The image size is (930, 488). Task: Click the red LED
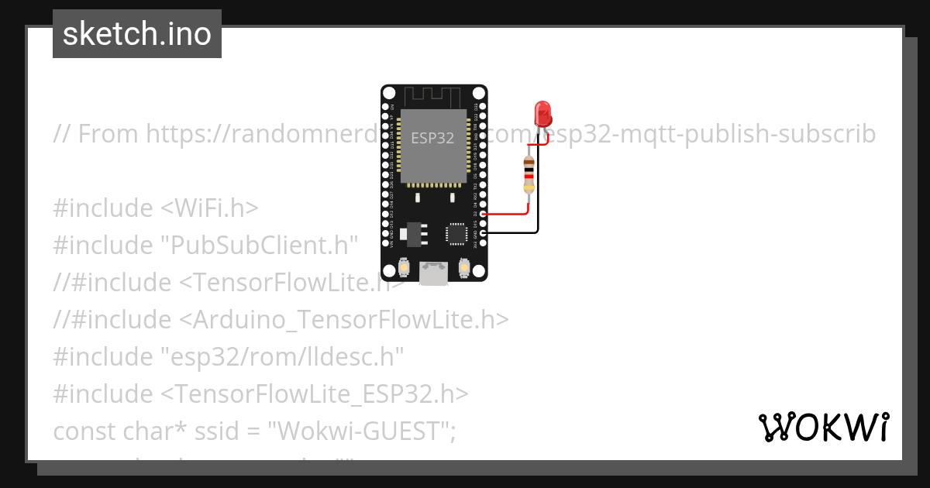(543, 114)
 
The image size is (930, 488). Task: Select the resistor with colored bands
(529, 174)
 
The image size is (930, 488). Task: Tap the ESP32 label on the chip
(432, 139)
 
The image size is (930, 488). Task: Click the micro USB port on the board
(432, 273)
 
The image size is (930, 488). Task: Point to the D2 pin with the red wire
(482, 214)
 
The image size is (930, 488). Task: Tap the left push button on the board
(403, 267)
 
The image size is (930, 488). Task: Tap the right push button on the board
(463, 267)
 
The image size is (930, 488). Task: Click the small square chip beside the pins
(456, 232)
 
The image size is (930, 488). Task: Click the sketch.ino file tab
(137, 34)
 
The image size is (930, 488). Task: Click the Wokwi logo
(823, 427)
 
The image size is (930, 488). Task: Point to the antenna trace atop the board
(434, 95)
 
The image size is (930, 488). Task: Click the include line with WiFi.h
(155, 208)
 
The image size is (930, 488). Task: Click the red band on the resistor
(529, 176)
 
